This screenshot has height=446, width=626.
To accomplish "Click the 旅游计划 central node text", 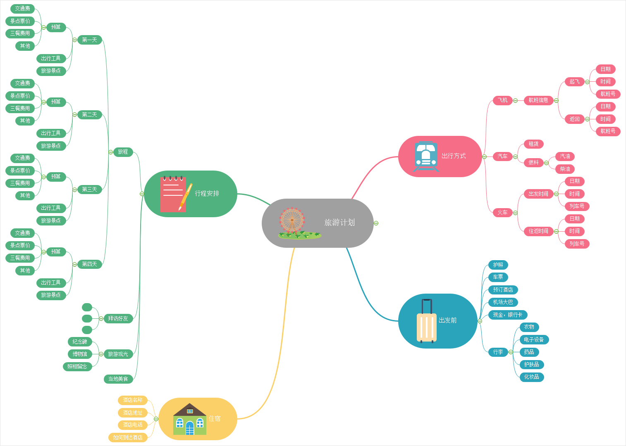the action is tap(339, 223).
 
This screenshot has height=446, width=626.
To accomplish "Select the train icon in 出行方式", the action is tap(426, 156).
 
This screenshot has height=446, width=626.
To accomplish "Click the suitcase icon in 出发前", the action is tap(427, 321).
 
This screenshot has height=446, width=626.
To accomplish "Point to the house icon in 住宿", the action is tap(190, 419).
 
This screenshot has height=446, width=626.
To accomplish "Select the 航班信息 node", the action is tap(538, 100).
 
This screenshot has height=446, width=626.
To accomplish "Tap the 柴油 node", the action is tap(565, 169).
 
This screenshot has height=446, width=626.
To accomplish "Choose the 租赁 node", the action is tap(533, 144).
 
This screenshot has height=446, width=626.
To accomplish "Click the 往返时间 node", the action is tap(538, 231).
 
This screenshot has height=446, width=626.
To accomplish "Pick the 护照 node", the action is tap(498, 265).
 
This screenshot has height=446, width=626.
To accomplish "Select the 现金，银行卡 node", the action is tap(507, 315).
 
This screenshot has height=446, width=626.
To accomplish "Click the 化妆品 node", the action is tap(532, 377).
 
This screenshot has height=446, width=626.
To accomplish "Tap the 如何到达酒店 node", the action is tap(128, 437).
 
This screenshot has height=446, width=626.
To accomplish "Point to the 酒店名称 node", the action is tap(133, 400).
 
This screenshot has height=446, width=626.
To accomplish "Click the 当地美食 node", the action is tap(118, 379).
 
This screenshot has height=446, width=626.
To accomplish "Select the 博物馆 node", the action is tap(80, 354).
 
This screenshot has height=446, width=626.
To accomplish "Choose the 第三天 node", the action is tap(89, 190).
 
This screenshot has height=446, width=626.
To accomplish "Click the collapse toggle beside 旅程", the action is tap(111, 152).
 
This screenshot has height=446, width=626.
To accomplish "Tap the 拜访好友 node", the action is tap(118, 318).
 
